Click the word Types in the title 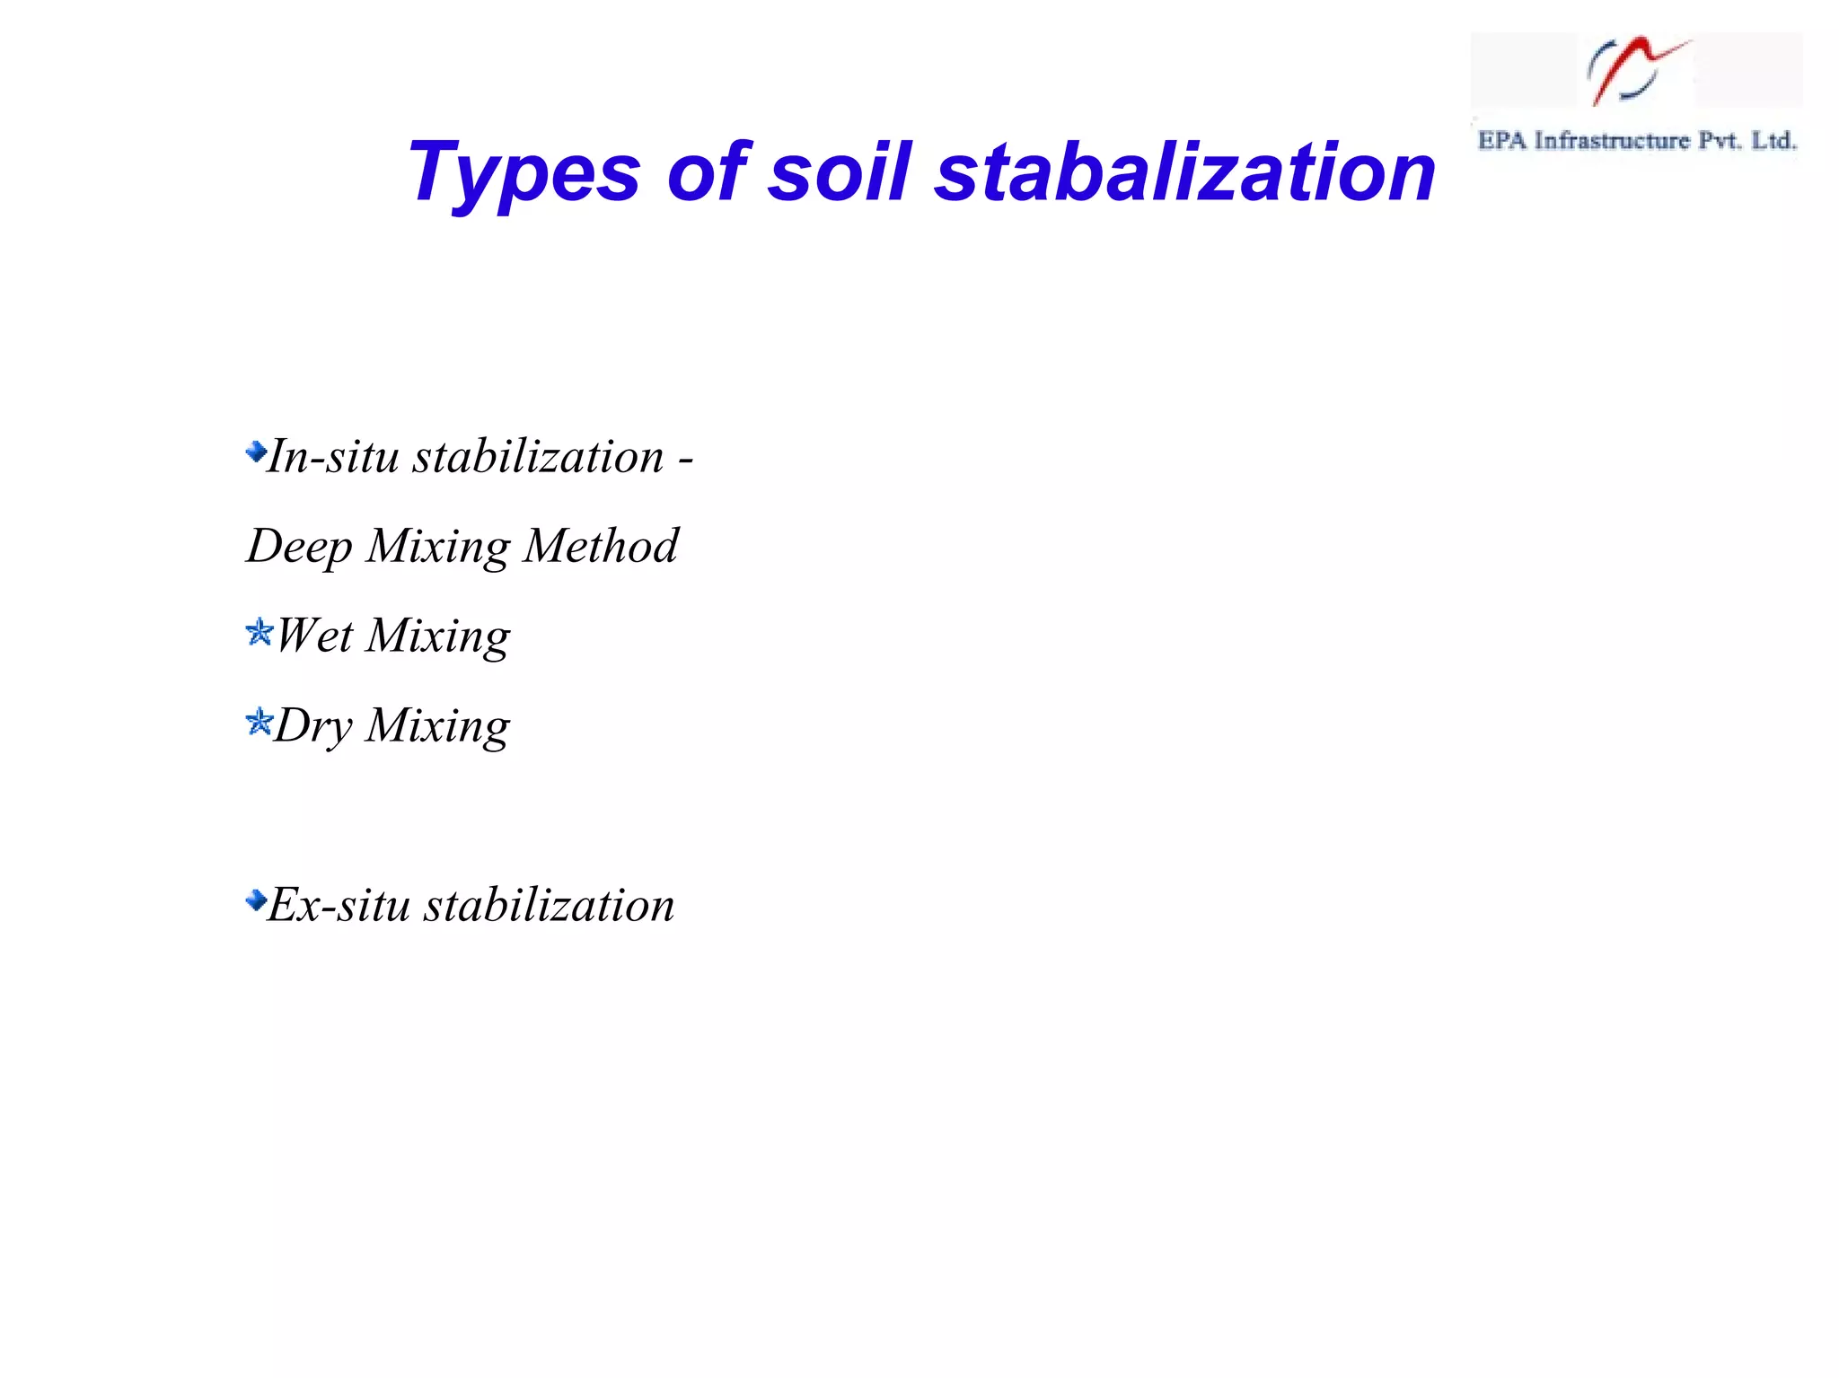tap(524, 172)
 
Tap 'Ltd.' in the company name tap(1773, 141)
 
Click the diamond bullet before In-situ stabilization tap(256, 452)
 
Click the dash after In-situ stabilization tap(686, 460)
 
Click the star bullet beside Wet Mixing tap(259, 633)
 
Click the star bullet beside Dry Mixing tap(259, 722)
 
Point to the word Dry tap(313, 727)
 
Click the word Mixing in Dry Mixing tap(438, 727)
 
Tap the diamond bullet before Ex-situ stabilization tap(256, 900)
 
